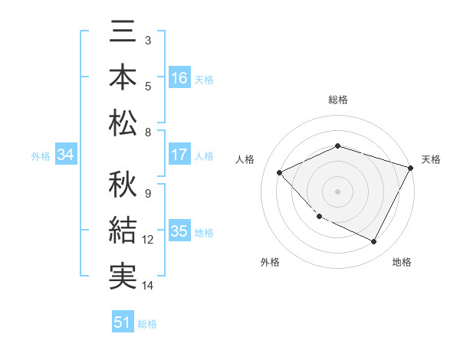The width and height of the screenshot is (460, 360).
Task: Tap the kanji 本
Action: click(x=123, y=79)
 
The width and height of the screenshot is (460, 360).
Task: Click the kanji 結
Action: click(x=123, y=230)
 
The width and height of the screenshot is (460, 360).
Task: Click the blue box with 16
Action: click(x=179, y=78)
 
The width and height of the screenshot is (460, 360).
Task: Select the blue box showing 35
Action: click(x=179, y=232)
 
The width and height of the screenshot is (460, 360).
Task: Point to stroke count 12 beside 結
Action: click(x=148, y=240)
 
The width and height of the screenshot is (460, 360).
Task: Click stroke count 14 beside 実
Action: click(x=148, y=286)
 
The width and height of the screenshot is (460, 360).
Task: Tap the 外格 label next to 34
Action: click(x=41, y=156)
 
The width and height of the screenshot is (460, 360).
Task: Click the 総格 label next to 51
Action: click(x=147, y=324)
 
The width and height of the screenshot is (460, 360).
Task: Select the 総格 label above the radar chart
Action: click(x=337, y=100)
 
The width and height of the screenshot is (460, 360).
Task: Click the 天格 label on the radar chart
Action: click(x=431, y=159)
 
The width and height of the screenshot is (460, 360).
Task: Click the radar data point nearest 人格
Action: click(x=280, y=172)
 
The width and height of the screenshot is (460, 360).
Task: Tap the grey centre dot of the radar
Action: click(x=337, y=191)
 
